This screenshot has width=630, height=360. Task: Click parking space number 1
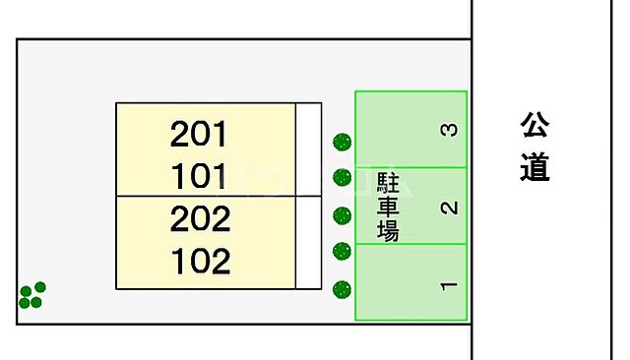point(449,286)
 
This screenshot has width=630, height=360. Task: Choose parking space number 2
point(449,208)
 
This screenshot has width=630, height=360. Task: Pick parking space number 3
point(449,129)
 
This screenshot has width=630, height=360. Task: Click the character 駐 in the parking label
point(388,182)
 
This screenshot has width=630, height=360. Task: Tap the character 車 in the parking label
point(388,207)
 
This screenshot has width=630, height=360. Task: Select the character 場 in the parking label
point(388,231)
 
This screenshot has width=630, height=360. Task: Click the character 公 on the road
point(535,125)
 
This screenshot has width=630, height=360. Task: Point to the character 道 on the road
point(535,168)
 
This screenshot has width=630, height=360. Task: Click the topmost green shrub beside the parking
point(342,143)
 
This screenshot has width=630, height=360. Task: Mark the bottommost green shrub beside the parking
point(342,289)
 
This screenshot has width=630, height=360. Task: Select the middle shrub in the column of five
point(342,215)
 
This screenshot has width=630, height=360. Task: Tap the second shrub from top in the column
point(342,177)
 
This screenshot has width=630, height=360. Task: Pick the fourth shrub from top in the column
point(342,251)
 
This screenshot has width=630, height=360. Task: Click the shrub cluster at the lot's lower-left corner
point(31,294)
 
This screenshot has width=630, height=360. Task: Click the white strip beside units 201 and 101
point(309,149)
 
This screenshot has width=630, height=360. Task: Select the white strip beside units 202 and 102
point(309,243)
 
